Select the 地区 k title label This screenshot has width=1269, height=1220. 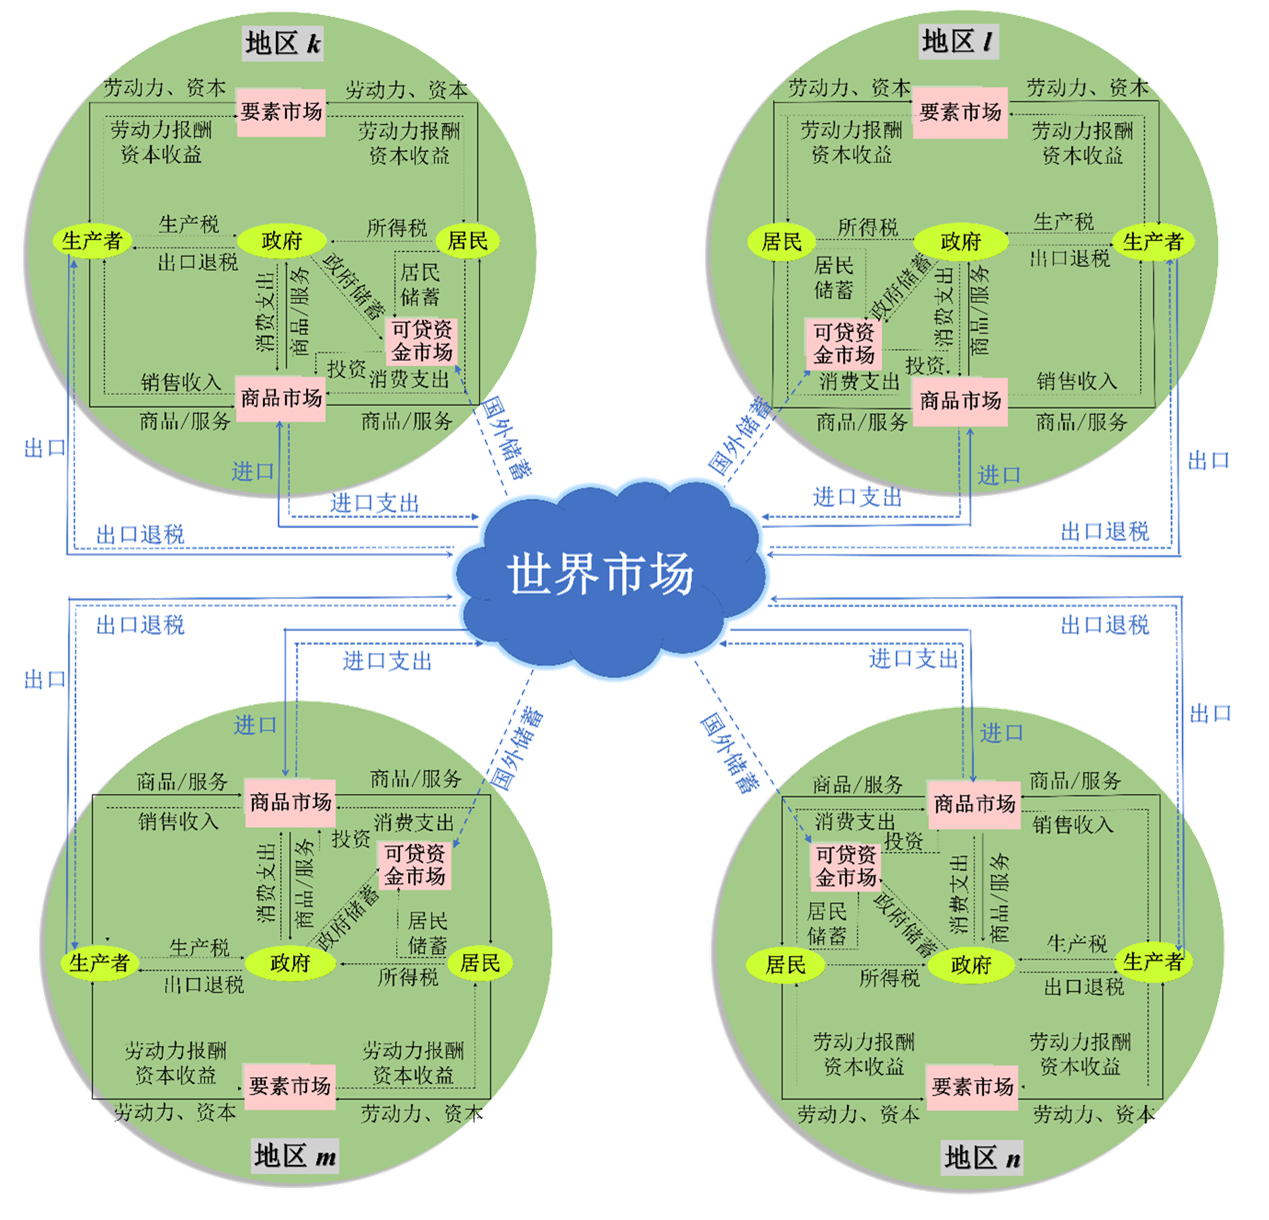[284, 43]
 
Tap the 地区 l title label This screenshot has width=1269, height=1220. [958, 42]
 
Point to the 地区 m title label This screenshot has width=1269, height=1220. [295, 1156]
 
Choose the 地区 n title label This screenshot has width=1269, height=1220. [983, 1158]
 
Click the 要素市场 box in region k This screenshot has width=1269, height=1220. [281, 111]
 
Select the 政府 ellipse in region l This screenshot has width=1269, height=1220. [961, 242]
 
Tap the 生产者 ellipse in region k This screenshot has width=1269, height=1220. [92, 241]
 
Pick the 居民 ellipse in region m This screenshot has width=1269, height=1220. [480, 963]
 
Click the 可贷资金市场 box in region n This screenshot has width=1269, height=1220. [846, 866]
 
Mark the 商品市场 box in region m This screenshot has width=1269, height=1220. [290, 802]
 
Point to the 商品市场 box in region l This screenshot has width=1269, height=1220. [960, 400]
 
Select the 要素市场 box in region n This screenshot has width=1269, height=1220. [972, 1086]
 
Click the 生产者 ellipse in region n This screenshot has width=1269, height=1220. [1153, 962]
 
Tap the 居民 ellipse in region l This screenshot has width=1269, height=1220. [782, 242]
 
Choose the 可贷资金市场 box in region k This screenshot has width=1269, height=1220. [422, 340]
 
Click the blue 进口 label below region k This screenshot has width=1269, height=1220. [253, 471]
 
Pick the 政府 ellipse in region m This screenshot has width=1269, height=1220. [291, 963]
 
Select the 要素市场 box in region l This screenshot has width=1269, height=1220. [960, 112]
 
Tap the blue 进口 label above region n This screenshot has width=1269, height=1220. [1001, 733]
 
